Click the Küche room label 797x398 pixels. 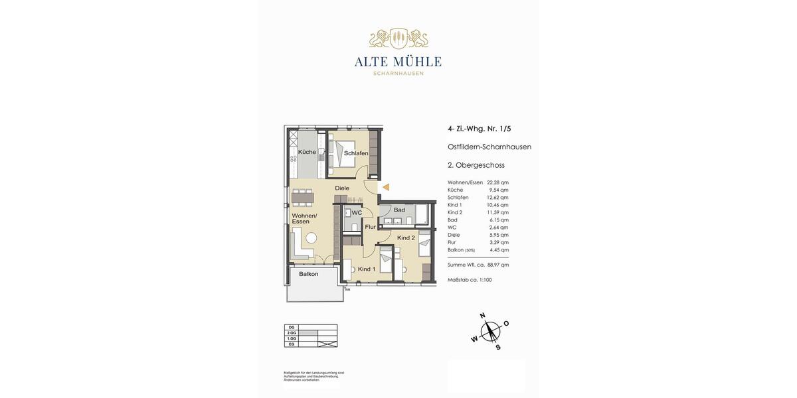(x=307, y=152)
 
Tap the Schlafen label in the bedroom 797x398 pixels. (x=356, y=153)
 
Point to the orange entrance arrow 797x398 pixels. (x=385, y=188)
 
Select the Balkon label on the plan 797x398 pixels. (x=308, y=274)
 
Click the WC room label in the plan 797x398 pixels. (x=357, y=213)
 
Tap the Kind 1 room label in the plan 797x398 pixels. (x=367, y=269)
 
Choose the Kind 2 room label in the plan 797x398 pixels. (x=406, y=237)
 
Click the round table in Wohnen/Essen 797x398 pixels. (x=311, y=238)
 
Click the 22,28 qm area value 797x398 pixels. (x=497, y=182)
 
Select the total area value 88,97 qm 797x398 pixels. (x=497, y=265)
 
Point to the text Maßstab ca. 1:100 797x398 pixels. (x=470, y=280)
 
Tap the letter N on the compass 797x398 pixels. (x=482, y=315)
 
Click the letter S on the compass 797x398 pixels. (x=497, y=347)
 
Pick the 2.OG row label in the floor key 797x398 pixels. (x=291, y=333)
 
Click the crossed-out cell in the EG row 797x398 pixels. (x=327, y=344)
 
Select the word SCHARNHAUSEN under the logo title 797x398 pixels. (x=398, y=74)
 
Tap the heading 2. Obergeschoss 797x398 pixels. (x=476, y=165)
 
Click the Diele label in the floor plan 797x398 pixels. (x=342, y=188)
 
